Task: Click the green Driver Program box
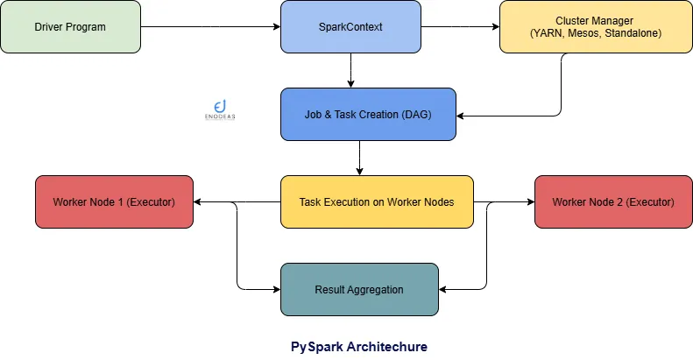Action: (x=70, y=27)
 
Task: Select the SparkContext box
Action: (x=350, y=27)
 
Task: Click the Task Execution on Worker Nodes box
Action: (x=377, y=201)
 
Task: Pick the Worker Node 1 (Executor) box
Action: (x=114, y=202)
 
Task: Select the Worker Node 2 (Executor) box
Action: (x=613, y=202)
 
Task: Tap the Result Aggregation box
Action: (x=359, y=289)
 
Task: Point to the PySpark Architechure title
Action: (x=359, y=347)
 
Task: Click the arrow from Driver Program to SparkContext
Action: (x=210, y=27)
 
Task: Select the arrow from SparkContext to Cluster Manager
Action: (x=460, y=27)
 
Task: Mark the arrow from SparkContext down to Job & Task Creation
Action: (x=350, y=70)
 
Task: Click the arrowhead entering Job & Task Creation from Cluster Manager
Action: (x=462, y=115)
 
